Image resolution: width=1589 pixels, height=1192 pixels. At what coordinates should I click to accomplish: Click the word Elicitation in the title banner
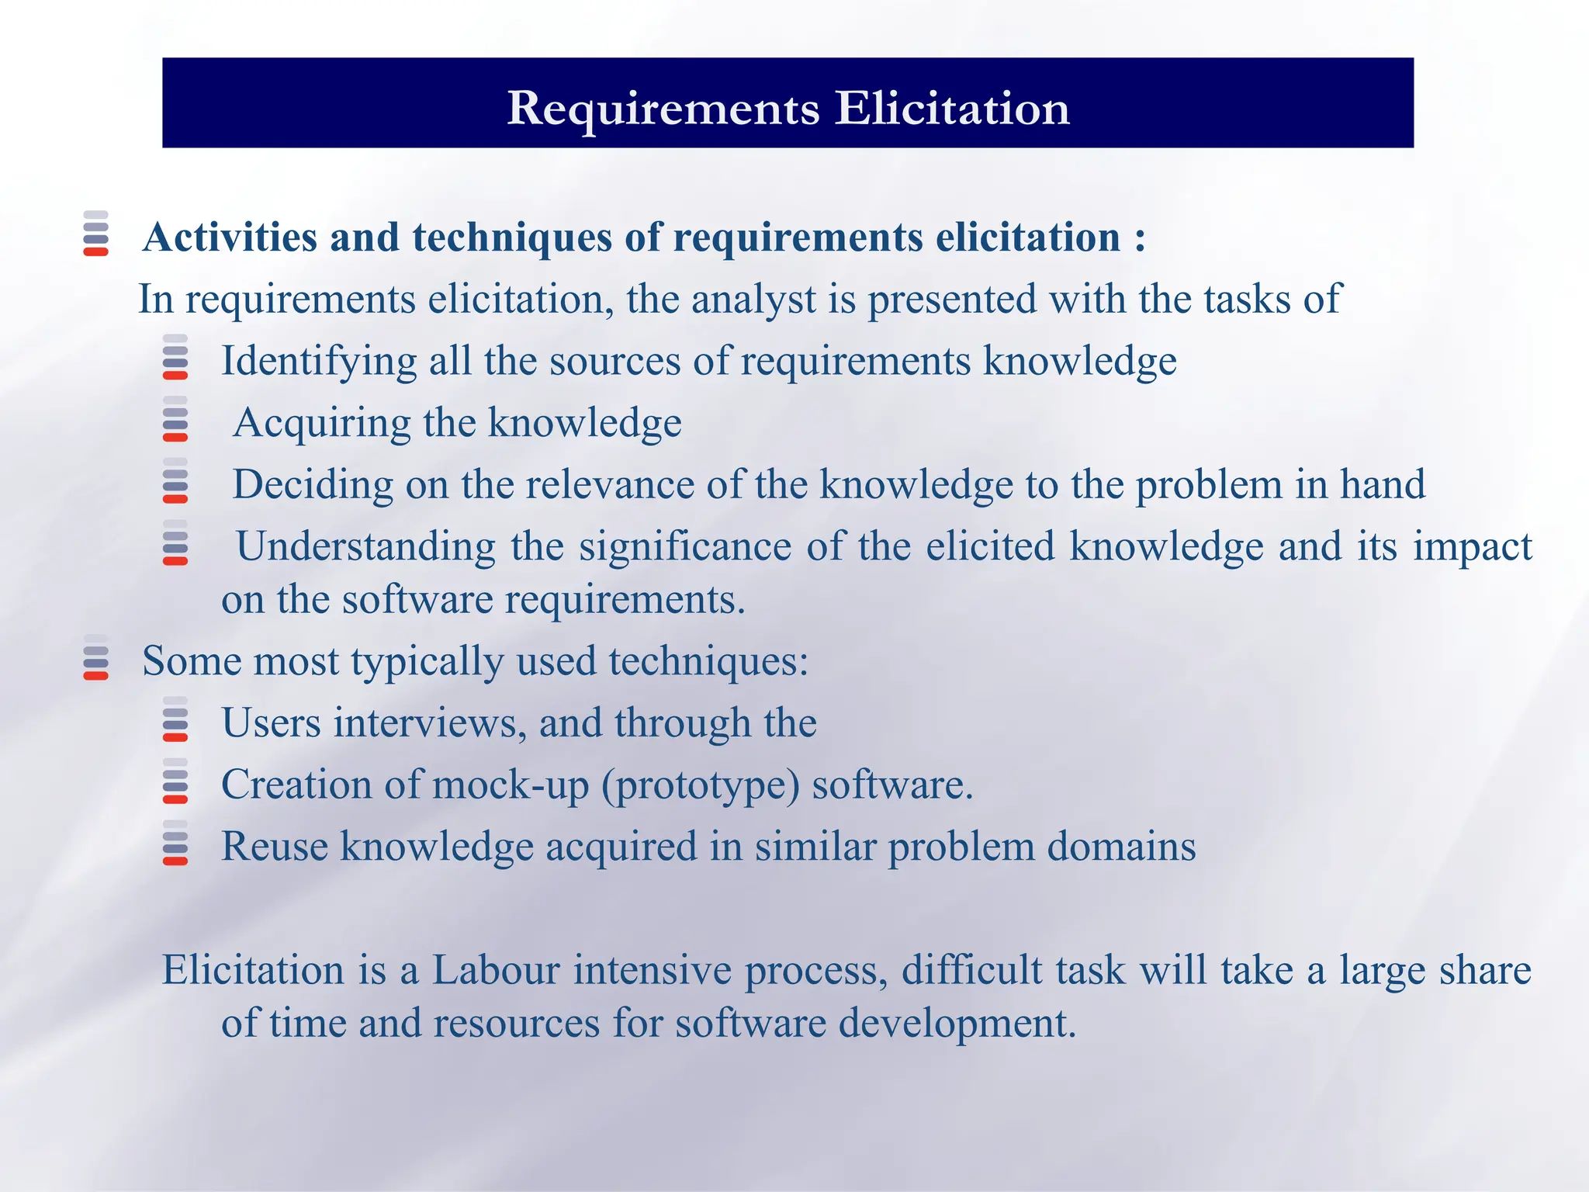click(x=952, y=108)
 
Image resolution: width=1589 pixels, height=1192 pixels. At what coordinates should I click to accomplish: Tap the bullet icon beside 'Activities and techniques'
click(x=96, y=233)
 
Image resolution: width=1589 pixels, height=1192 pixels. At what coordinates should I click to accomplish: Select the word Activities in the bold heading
click(x=230, y=237)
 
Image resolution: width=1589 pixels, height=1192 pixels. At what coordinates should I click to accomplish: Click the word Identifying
click(x=319, y=362)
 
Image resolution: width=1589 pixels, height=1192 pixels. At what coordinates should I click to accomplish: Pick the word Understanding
click(x=365, y=546)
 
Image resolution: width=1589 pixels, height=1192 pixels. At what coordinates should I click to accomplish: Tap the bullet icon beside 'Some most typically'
click(x=96, y=657)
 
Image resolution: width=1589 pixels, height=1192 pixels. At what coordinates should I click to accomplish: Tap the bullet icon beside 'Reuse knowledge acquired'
click(x=175, y=843)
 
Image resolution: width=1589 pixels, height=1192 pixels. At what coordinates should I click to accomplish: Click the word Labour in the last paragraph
click(x=495, y=971)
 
